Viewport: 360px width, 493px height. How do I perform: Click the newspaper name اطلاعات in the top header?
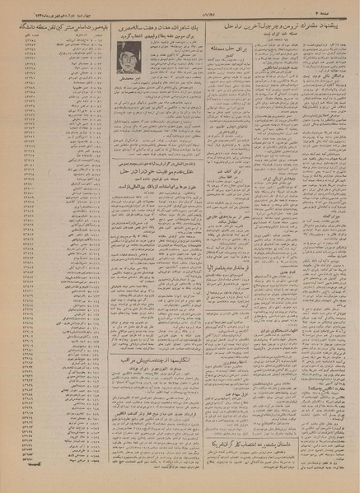(x=179, y=12)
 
